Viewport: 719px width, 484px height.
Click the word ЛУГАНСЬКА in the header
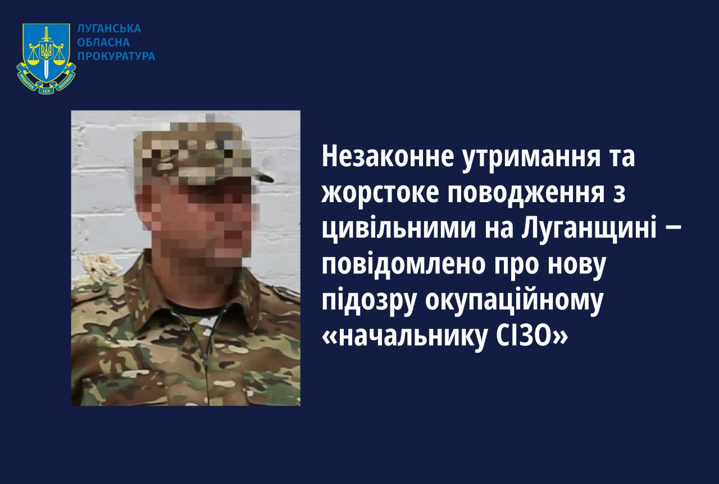(x=109, y=29)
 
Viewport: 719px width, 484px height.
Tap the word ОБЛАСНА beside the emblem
(x=103, y=42)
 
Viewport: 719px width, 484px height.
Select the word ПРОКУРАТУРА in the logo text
(x=116, y=56)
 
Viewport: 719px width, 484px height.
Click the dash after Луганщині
(x=672, y=230)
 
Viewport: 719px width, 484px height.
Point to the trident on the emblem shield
(x=46, y=51)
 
